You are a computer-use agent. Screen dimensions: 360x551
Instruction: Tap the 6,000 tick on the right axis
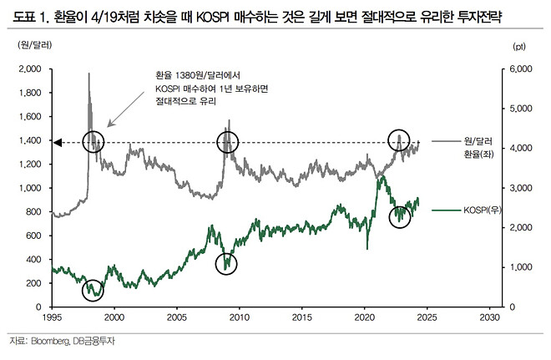coord(521,69)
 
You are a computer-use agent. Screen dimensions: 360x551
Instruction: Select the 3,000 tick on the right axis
coord(521,188)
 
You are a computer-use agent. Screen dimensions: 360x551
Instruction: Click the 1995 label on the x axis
coord(51,318)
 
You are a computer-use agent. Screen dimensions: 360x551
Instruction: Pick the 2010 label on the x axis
coord(239,318)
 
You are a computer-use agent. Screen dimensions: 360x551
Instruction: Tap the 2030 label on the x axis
coord(490,318)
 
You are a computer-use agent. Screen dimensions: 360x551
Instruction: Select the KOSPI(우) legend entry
coord(482,211)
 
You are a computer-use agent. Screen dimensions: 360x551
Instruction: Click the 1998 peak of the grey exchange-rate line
coord(88,74)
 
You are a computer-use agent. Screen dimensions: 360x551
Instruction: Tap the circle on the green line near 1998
coord(94,289)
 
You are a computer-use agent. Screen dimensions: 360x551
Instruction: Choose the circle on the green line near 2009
coord(225,263)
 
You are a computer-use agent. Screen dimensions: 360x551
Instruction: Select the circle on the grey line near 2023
coord(399,141)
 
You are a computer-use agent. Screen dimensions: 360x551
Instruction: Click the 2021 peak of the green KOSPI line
coord(381,177)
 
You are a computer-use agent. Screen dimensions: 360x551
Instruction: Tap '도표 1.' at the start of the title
coord(29,15)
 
